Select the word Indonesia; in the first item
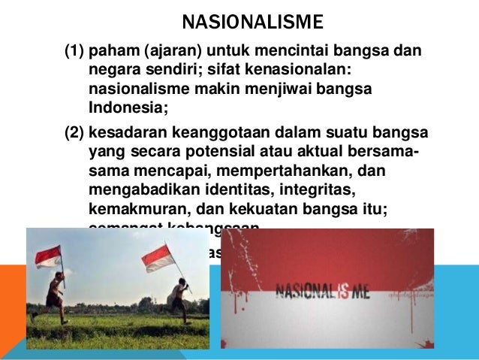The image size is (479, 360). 125,108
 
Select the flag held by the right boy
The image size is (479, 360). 158,259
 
